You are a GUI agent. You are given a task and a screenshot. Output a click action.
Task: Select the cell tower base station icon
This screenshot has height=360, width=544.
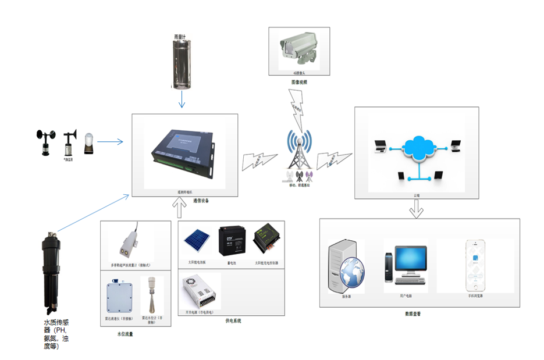(300, 153)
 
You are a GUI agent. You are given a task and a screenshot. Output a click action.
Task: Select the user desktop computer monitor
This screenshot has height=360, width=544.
(410, 260)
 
